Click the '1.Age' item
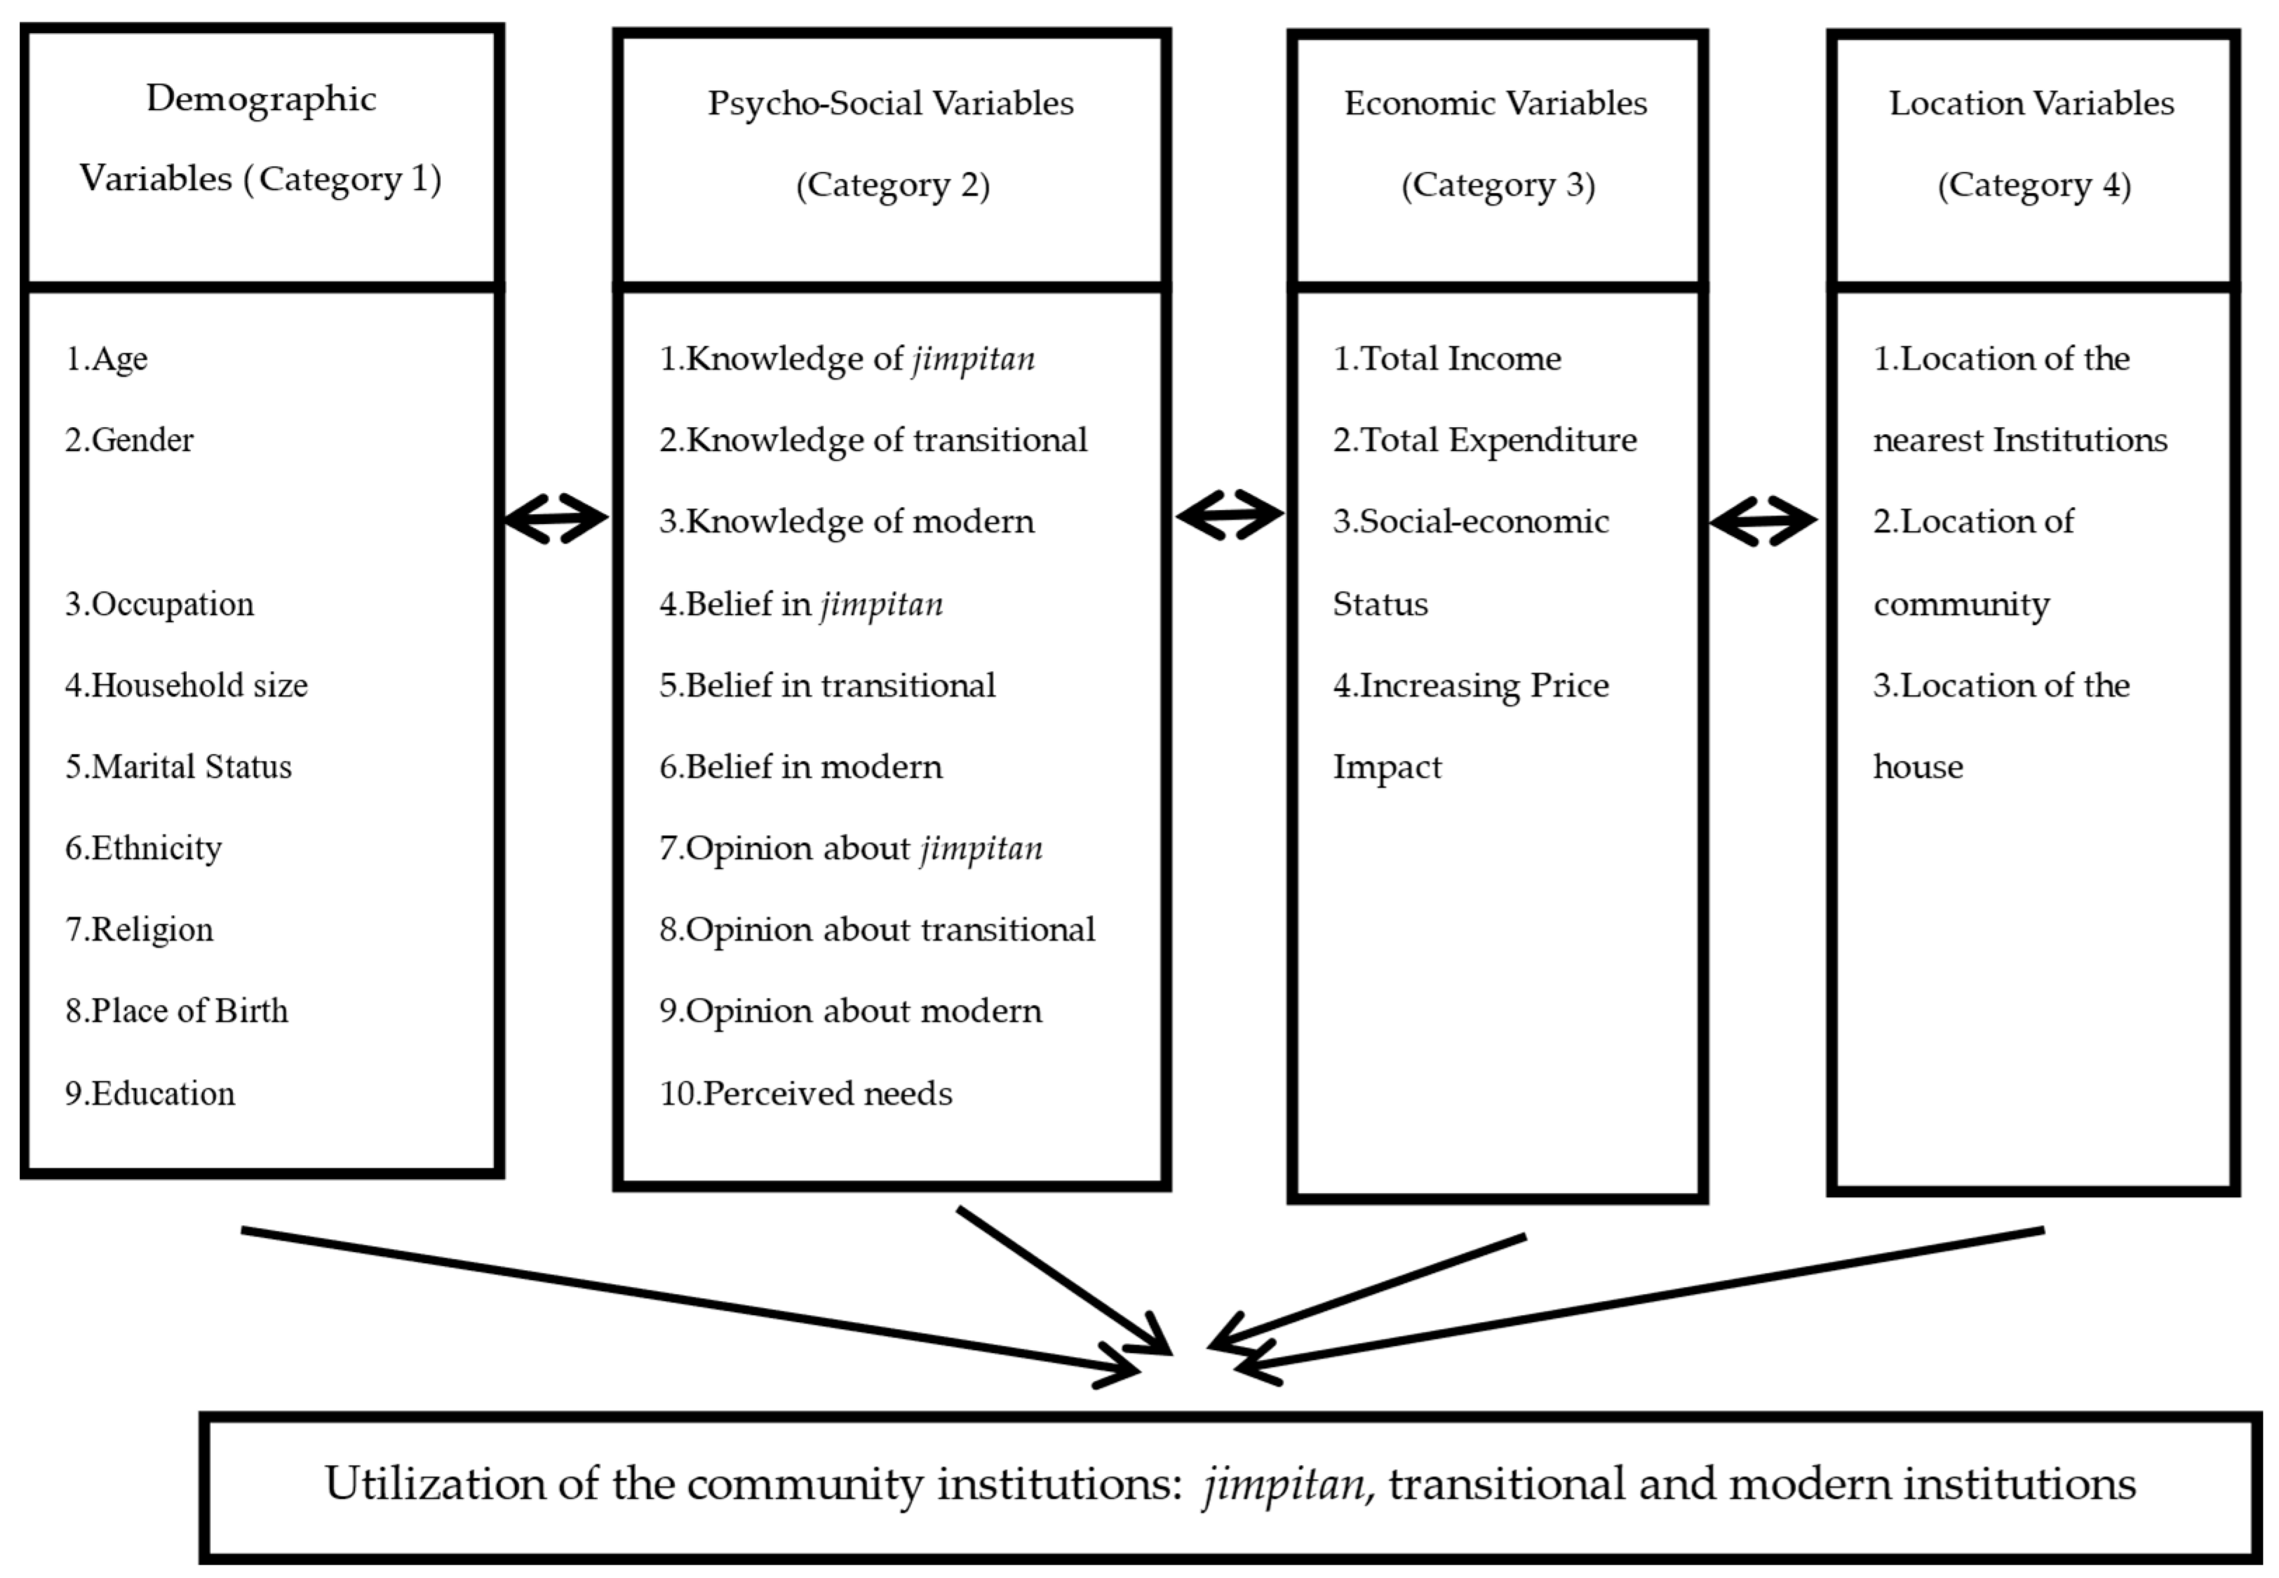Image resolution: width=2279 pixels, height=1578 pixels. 107,359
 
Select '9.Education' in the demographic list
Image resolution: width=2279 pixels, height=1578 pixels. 150,1093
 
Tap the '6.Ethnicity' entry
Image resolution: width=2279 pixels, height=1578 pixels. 143,849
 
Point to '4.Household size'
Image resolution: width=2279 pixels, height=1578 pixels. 186,685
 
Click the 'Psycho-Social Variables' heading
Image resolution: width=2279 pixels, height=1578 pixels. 890,104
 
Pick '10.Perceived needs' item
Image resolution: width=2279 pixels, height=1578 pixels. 806,1093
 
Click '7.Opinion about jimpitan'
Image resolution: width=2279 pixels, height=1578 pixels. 850,849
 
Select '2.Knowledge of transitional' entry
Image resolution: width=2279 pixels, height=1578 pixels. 873,440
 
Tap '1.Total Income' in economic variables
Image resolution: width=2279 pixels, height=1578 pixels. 1446,359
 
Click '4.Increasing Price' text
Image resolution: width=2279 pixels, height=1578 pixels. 1470,685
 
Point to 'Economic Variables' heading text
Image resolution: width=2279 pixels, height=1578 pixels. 1495,104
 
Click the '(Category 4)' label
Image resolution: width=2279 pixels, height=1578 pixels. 2033,185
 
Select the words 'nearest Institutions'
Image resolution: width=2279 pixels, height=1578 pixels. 2020,440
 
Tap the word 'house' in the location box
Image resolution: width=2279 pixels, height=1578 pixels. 1917,767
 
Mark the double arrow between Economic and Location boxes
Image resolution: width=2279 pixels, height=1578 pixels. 1763,520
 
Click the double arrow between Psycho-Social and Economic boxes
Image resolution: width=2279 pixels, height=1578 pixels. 1229,514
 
